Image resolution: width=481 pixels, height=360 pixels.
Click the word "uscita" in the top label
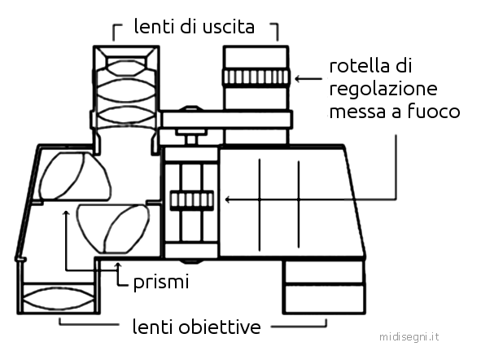(x=229, y=27)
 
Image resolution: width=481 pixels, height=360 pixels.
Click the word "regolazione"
(x=383, y=90)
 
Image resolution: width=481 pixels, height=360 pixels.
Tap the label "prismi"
(x=161, y=283)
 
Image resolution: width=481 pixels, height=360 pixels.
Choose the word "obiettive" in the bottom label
(x=220, y=327)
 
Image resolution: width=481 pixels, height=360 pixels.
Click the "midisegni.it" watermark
(x=409, y=337)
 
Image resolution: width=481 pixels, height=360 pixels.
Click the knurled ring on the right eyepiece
(x=256, y=77)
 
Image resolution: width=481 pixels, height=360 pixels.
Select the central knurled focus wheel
(x=192, y=200)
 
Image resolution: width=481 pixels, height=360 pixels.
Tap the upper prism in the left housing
(x=75, y=177)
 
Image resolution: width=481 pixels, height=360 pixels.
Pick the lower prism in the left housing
(x=113, y=228)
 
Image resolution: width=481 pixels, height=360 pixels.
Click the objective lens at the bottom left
(x=59, y=299)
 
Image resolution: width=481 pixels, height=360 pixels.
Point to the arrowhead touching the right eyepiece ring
(x=297, y=79)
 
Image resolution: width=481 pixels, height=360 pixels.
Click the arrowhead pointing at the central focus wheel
(x=228, y=200)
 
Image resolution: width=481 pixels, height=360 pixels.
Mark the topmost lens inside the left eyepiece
(x=126, y=68)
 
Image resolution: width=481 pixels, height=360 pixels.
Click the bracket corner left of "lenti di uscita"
(x=114, y=25)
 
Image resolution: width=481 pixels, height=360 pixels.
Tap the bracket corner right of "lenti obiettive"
(x=326, y=326)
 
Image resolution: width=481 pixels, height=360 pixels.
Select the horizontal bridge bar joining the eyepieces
(x=227, y=120)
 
